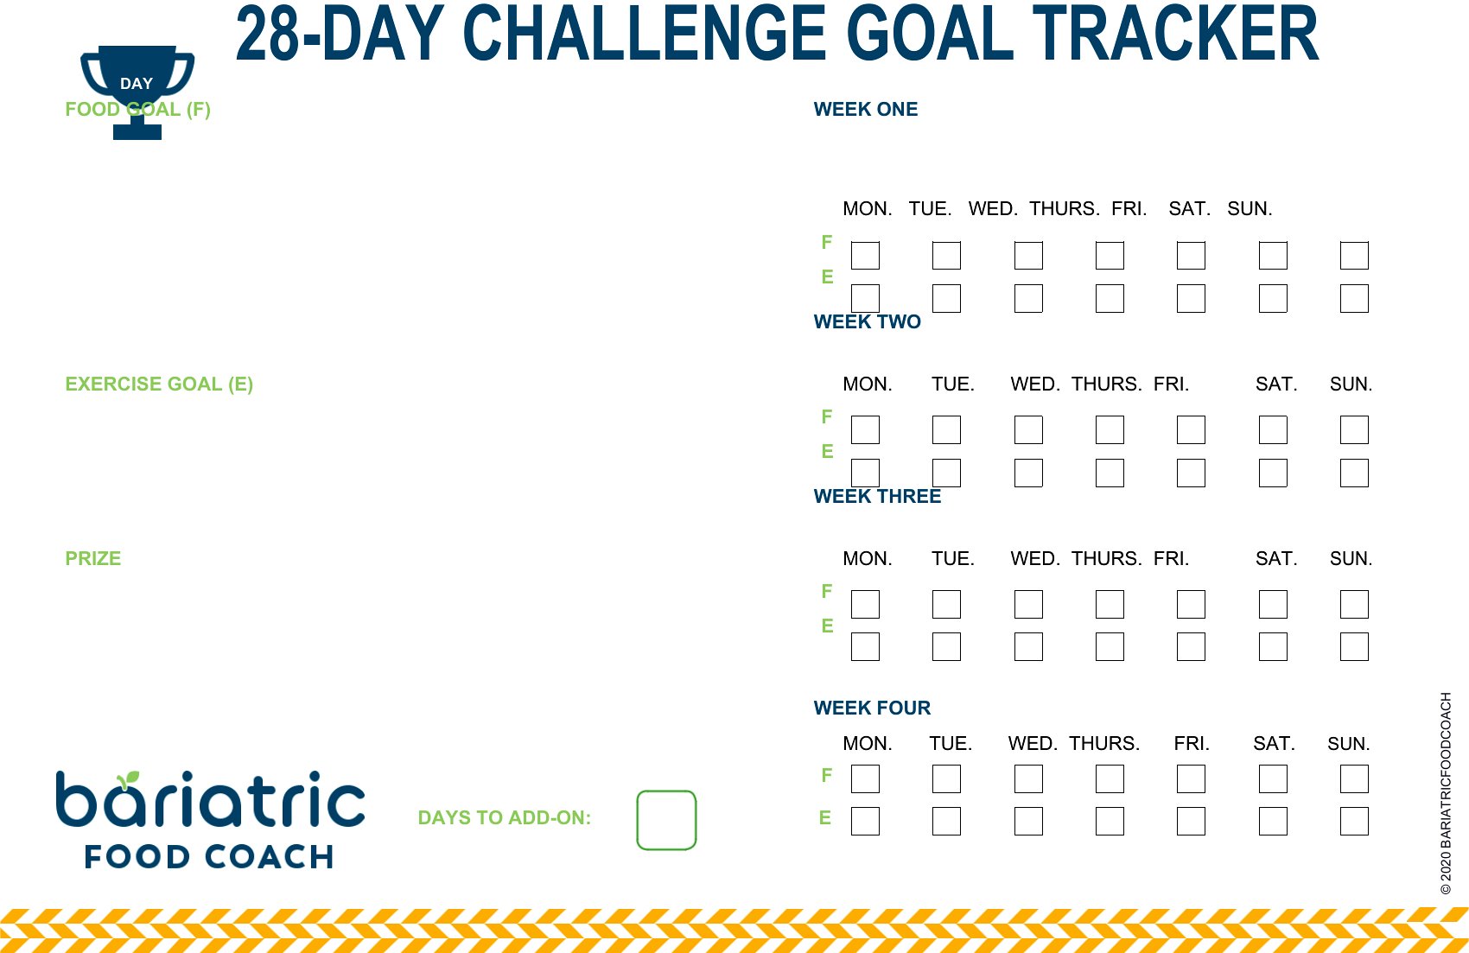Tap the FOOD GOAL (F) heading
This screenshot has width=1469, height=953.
pos(137,109)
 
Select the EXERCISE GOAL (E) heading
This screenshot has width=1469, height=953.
pos(159,384)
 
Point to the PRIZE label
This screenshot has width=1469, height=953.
pos(93,558)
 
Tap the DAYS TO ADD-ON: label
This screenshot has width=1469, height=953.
pos(505,817)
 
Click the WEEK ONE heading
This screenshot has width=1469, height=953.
pos(866,109)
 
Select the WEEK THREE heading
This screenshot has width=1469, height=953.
pos(877,496)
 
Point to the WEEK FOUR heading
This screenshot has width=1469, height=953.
pos(872,708)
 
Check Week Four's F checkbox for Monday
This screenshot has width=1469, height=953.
pos(865,778)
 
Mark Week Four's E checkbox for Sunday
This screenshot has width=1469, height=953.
pos(1354,821)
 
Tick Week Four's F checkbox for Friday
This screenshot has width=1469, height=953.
pos(1191,778)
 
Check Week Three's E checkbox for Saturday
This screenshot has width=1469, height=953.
pos(1273,646)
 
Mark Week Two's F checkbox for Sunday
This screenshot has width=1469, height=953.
pos(1354,429)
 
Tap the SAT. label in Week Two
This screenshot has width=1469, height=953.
pos(1276,384)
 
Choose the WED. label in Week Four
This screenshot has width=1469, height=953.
pos(1033,743)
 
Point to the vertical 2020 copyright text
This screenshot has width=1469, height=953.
pos(1446,793)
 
